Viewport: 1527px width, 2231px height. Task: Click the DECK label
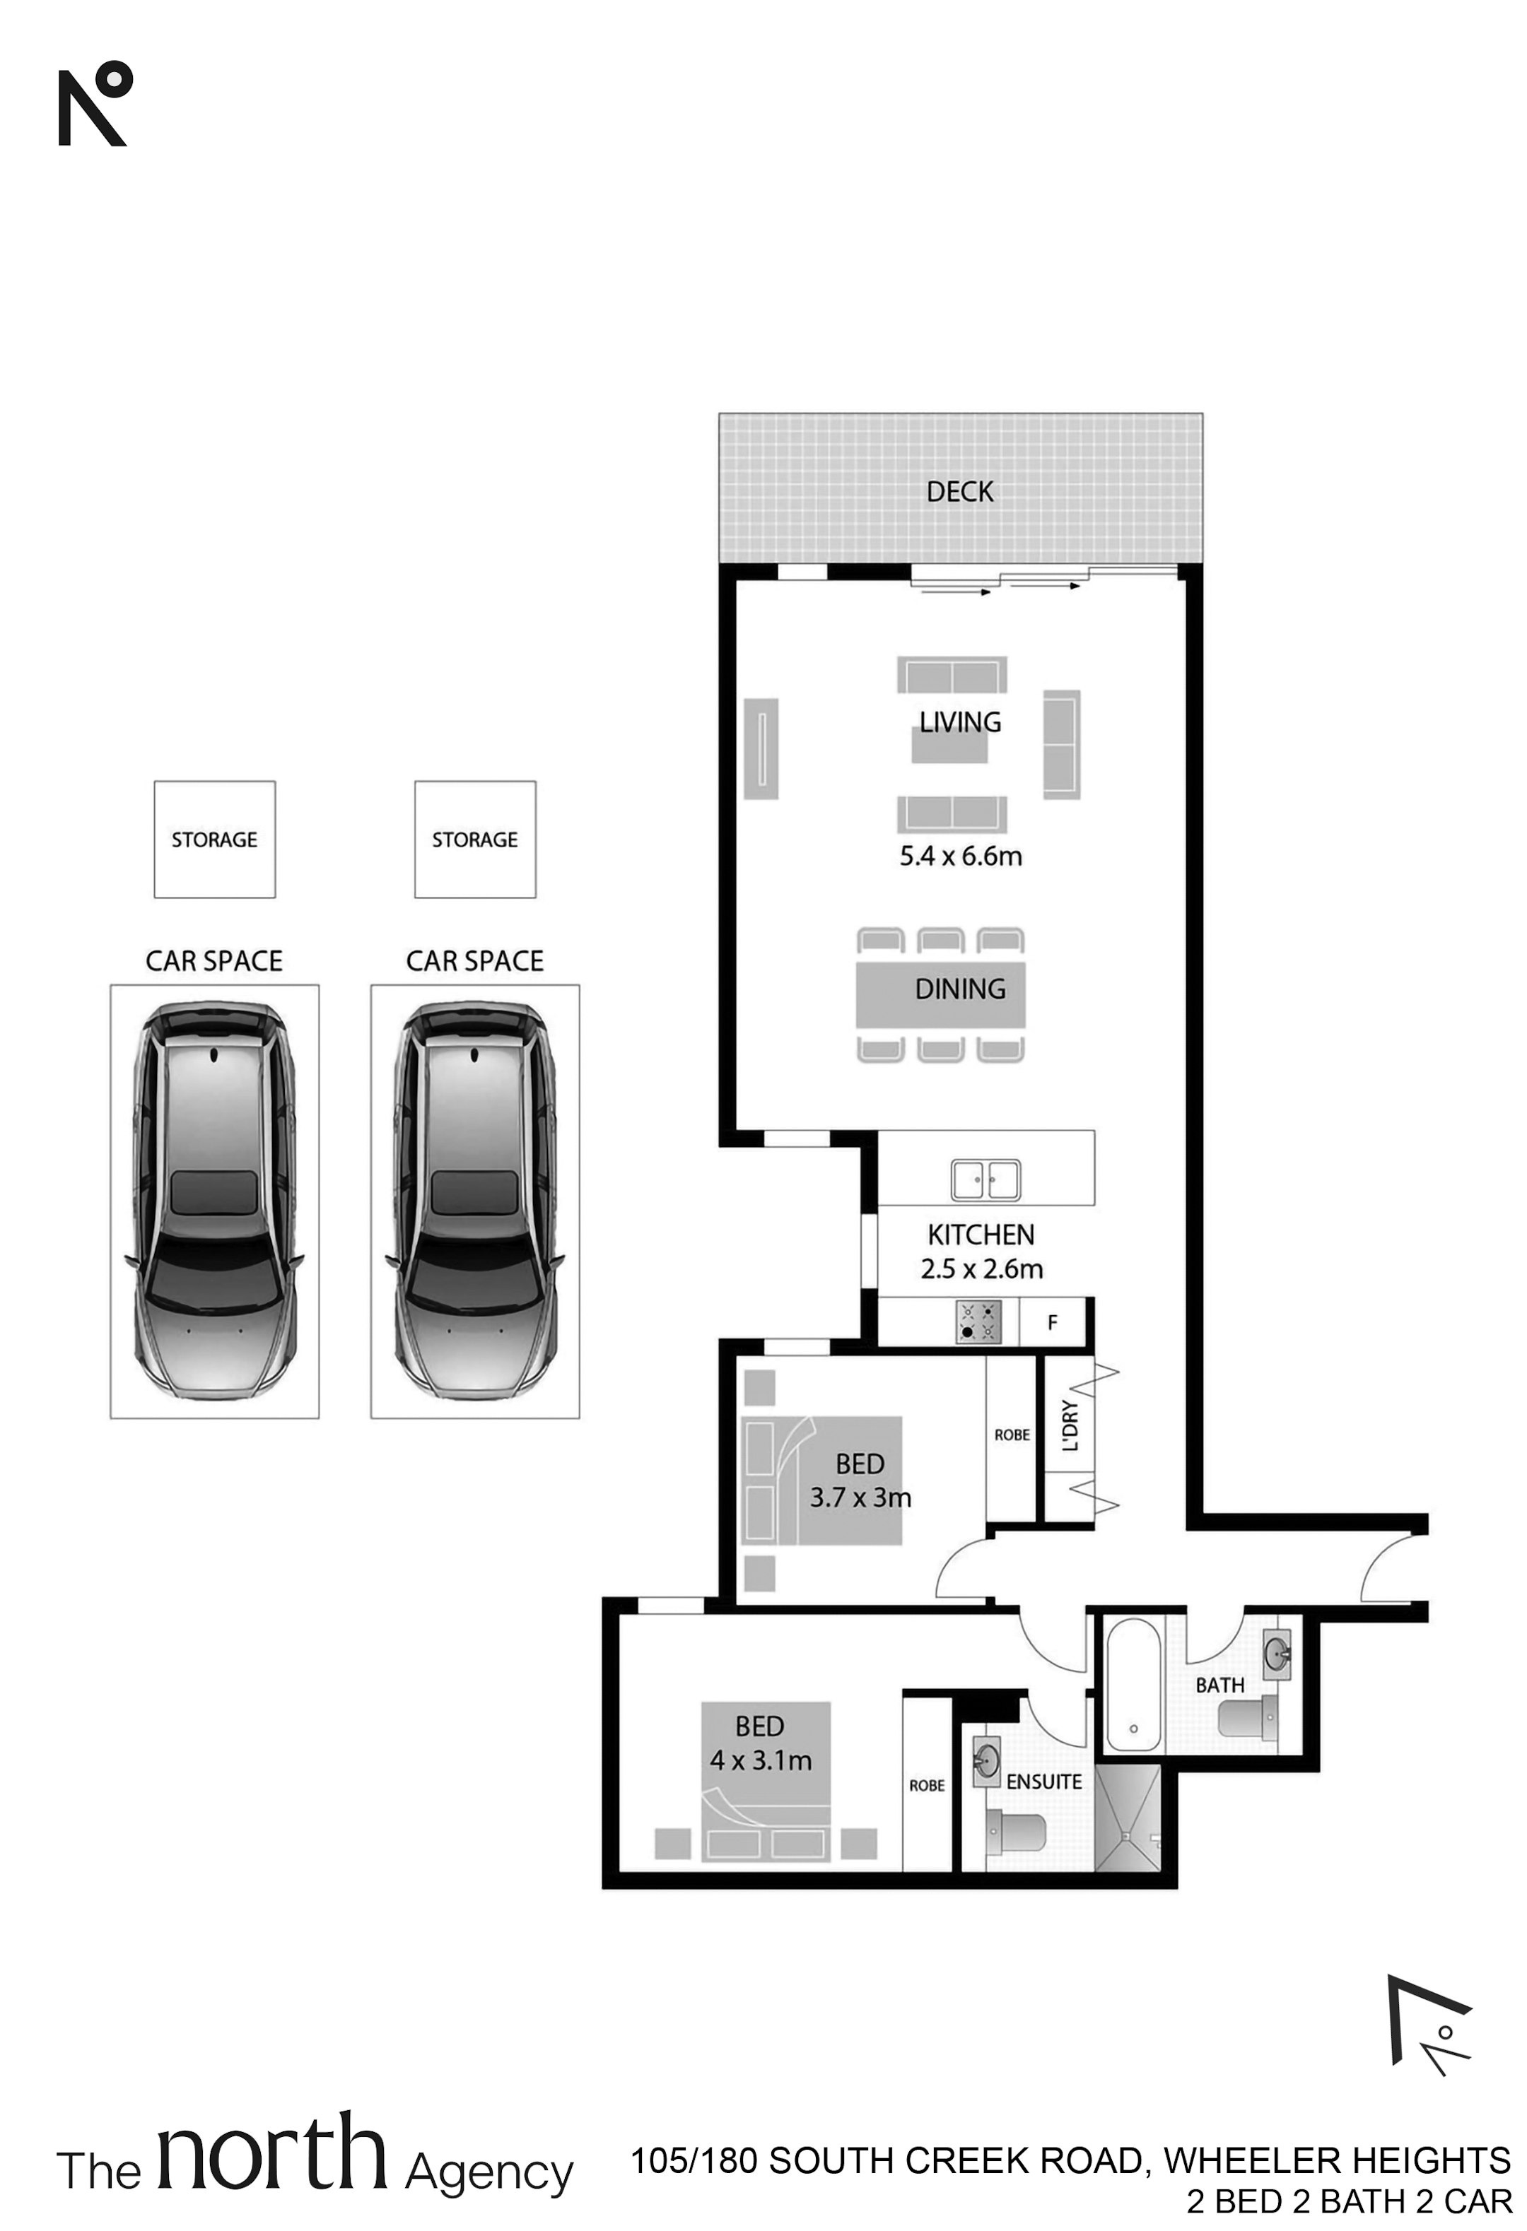pyautogui.click(x=959, y=493)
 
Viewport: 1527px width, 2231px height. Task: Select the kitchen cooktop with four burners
pyautogui.click(x=978, y=1322)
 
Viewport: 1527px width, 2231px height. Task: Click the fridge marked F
pyautogui.click(x=1053, y=1322)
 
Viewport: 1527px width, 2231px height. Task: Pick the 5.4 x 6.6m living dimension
pyautogui.click(x=960, y=857)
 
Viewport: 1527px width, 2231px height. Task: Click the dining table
pyautogui.click(x=940, y=994)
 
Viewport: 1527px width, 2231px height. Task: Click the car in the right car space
pyautogui.click(x=475, y=1200)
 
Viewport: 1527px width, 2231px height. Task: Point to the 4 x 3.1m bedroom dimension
pyautogui.click(x=761, y=1760)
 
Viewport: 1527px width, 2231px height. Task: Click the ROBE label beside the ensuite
pyautogui.click(x=927, y=1786)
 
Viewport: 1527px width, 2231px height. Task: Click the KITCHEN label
pyautogui.click(x=981, y=1235)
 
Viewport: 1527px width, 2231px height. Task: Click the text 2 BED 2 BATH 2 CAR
pyautogui.click(x=1350, y=2201)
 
